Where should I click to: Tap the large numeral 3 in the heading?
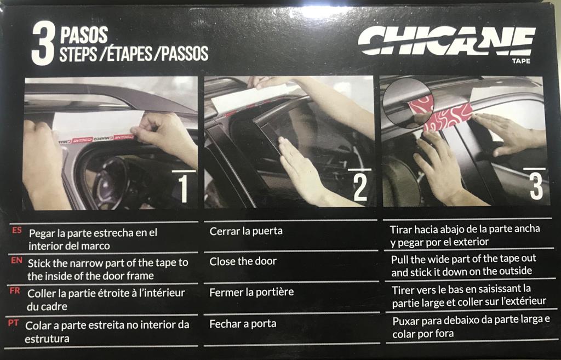coord(43,44)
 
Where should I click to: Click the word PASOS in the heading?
coord(84,36)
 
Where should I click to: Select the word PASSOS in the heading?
coord(185,54)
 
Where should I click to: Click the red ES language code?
coord(17,231)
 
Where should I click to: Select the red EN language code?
coord(16,260)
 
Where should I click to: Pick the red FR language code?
coord(15,291)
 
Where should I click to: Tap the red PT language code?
coord(13,323)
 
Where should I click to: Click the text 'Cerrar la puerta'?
coord(246,231)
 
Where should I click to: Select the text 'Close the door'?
coord(243,261)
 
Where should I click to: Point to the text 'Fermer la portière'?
coord(251,292)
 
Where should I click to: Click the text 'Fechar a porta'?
coord(243,324)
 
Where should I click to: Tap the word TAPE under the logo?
coord(521,61)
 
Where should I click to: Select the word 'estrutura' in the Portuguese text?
coord(47,339)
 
